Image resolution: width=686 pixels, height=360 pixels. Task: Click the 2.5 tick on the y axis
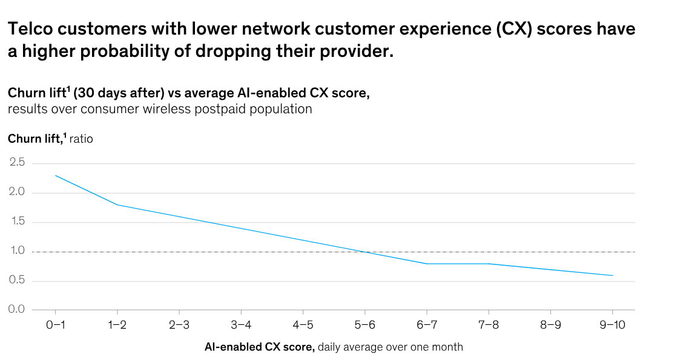coord(17,163)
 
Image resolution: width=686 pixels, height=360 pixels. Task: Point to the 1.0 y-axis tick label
coord(17,251)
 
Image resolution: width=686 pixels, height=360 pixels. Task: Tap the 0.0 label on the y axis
coord(17,310)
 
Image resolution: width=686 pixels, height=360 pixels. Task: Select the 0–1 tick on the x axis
coord(55,325)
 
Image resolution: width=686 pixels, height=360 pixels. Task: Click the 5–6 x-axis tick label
coord(364,325)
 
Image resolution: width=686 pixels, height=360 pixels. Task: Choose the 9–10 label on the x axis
coord(612,325)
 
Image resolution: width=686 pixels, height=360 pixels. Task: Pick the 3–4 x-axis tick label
coord(241,325)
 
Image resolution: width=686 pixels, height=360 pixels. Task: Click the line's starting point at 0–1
coord(55,175)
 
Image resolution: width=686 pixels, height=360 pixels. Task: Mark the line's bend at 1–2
coord(117,205)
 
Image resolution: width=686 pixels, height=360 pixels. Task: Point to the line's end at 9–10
coord(613,275)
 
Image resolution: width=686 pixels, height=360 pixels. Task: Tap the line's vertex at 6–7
coord(426,264)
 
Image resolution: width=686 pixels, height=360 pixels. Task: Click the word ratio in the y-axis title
coord(81,139)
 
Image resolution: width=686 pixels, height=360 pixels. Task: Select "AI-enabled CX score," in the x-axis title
coord(260,347)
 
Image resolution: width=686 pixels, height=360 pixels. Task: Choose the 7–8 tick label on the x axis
coord(488,325)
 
